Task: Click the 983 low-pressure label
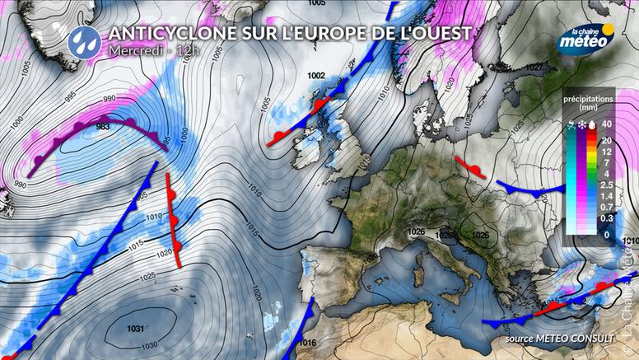click(x=103, y=127)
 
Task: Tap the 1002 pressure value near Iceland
click(x=315, y=76)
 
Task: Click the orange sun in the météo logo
click(x=608, y=30)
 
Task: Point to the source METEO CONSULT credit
click(x=549, y=338)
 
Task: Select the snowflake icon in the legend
click(x=583, y=124)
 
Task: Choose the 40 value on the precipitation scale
click(x=606, y=124)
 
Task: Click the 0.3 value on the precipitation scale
click(x=607, y=219)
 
